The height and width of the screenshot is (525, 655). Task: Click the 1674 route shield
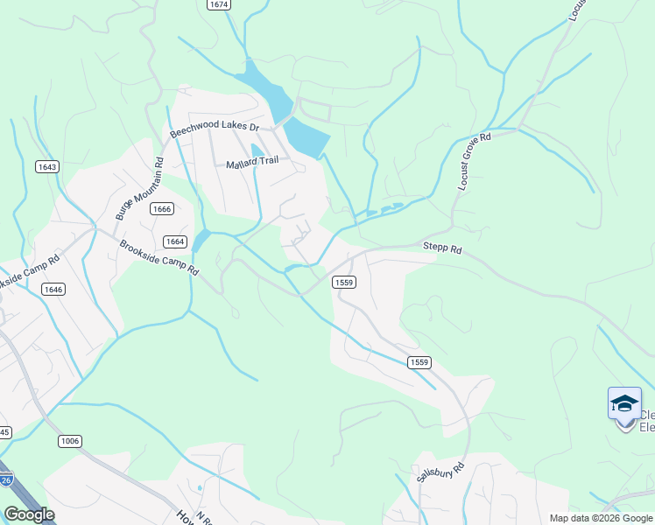(219, 4)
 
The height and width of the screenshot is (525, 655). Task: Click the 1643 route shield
(46, 167)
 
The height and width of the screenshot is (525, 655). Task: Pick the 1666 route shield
(161, 208)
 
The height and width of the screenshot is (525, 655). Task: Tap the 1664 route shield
(175, 241)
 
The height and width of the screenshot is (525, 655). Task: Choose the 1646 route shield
(53, 289)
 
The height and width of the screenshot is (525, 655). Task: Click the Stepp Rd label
(442, 248)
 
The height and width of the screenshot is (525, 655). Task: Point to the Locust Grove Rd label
(475, 162)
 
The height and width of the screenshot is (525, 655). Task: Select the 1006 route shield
(70, 441)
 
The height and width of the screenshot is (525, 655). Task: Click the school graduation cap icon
(624, 403)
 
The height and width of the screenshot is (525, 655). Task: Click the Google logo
(29, 514)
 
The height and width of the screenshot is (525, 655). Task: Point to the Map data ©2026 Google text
(601, 518)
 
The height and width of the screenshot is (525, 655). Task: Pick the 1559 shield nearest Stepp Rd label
(344, 282)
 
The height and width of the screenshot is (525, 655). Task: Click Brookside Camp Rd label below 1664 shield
(158, 257)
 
